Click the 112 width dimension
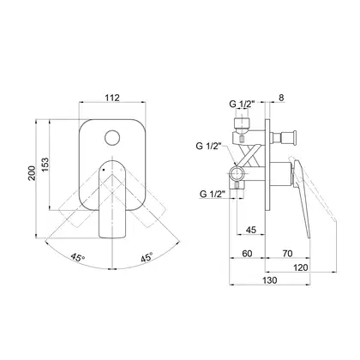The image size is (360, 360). point(112,98)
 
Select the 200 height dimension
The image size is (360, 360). point(32,173)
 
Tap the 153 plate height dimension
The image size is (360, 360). point(45,165)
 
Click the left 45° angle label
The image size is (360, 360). point(78,257)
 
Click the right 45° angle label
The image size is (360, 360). point(147,257)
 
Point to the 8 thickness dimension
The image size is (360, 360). point(281,98)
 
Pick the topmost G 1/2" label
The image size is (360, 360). point(242,105)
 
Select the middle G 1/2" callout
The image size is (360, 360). point(209,146)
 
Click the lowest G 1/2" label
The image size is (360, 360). point(213,194)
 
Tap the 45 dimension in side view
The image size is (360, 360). point(251,230)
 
